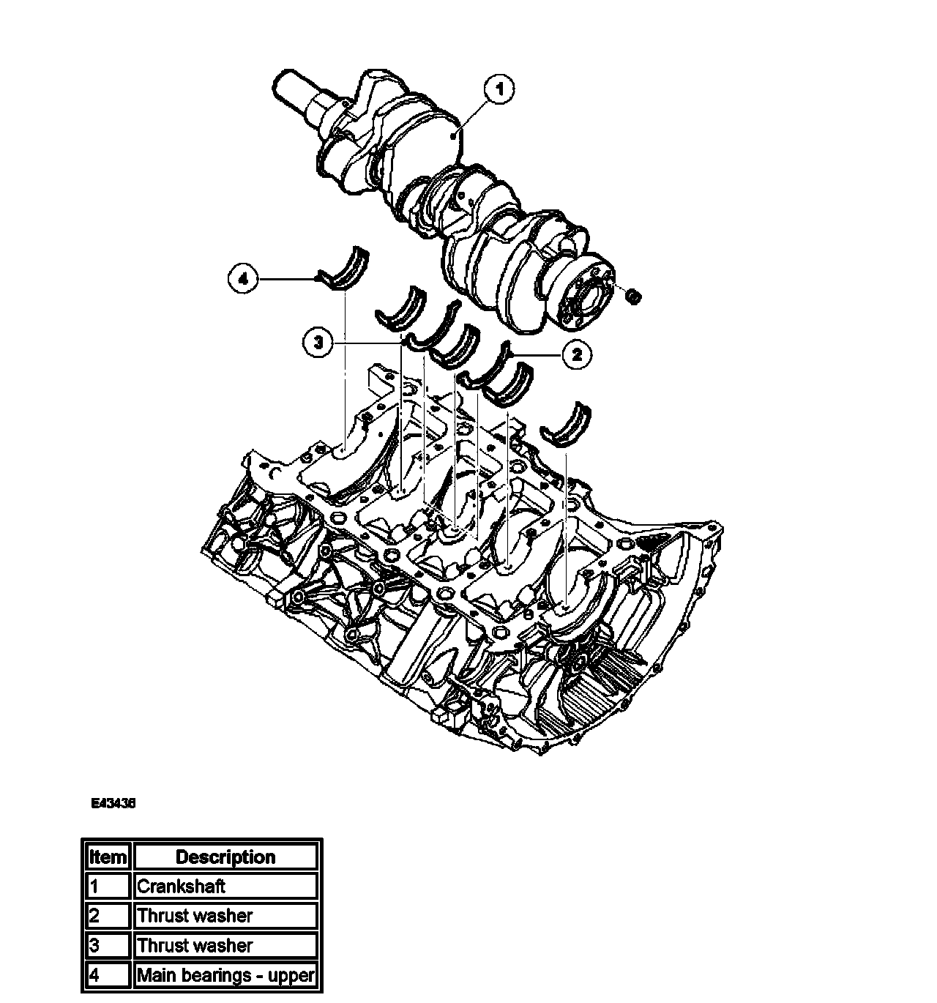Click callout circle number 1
[499, 90]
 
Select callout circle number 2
[577, 355]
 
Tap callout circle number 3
[318, 343]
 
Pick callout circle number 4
[243, 279]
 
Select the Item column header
[108, 857]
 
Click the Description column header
[225, 857]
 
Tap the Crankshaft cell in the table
[225, 887]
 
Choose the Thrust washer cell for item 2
[225, 916]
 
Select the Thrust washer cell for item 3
[225, 945]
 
